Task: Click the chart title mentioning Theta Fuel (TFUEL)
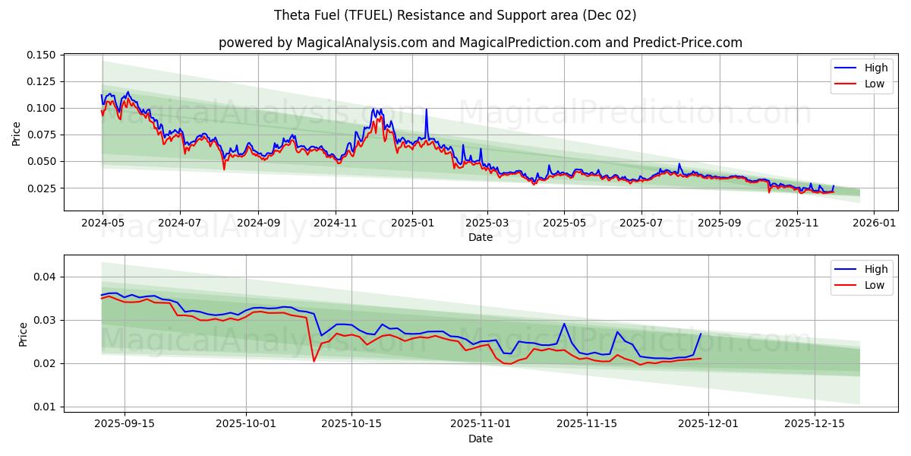click(455, 15)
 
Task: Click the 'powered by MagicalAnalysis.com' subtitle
click(480, 43)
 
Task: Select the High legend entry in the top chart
click(875, 68)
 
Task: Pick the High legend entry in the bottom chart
click(875, 269)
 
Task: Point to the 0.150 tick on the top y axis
click(41, 55)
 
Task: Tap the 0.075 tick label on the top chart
click(41, 135)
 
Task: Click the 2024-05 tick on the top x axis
click(102, 223)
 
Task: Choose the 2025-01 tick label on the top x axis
click(411, 223)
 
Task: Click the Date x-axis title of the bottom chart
click(480, 439)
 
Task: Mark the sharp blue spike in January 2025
click(427, 109)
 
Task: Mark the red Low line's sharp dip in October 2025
click(314, 360)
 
